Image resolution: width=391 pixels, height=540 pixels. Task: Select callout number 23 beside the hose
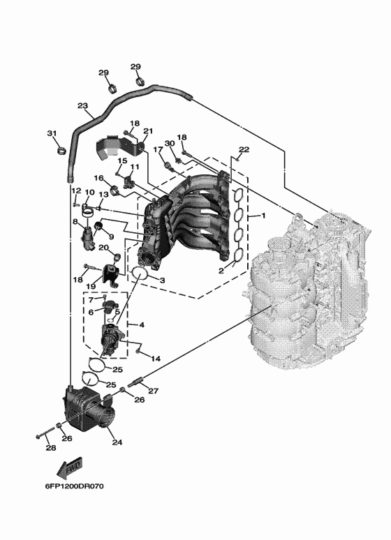pyautogui.click(x=83, y=107)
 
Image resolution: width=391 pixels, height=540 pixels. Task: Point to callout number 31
pyautogui.click(x=51, y=133)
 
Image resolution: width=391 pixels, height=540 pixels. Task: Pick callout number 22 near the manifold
pyautogui.click(x=244, y=150)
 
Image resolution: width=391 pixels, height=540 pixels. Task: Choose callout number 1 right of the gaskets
pyautogui.click(x=263, y=216)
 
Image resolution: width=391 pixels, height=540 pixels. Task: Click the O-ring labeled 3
pyautogui.click(x=140, y=273)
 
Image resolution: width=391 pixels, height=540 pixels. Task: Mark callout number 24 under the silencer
pyautogui.click(x=117, y=442)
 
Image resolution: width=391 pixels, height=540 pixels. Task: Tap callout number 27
pyautogui.click(x=154, y=391)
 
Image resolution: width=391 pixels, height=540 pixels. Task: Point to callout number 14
pyautogui.click(x=156, y=359)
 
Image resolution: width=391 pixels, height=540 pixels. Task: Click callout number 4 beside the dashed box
pyautogui.click(x=142, y=325)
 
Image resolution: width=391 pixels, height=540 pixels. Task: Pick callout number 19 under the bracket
pyautogui.click(x=90, y=287)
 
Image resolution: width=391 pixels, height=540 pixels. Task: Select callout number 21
pyautogui.click(x=147, y=131)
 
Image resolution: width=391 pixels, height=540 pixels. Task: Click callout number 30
pyautogui.click(x=169, y=143)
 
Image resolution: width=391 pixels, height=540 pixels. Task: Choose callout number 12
pyautogui.click(x=76, y=190)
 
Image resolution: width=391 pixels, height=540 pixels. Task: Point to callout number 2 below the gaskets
pyautogui.click(x=221, y=271)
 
